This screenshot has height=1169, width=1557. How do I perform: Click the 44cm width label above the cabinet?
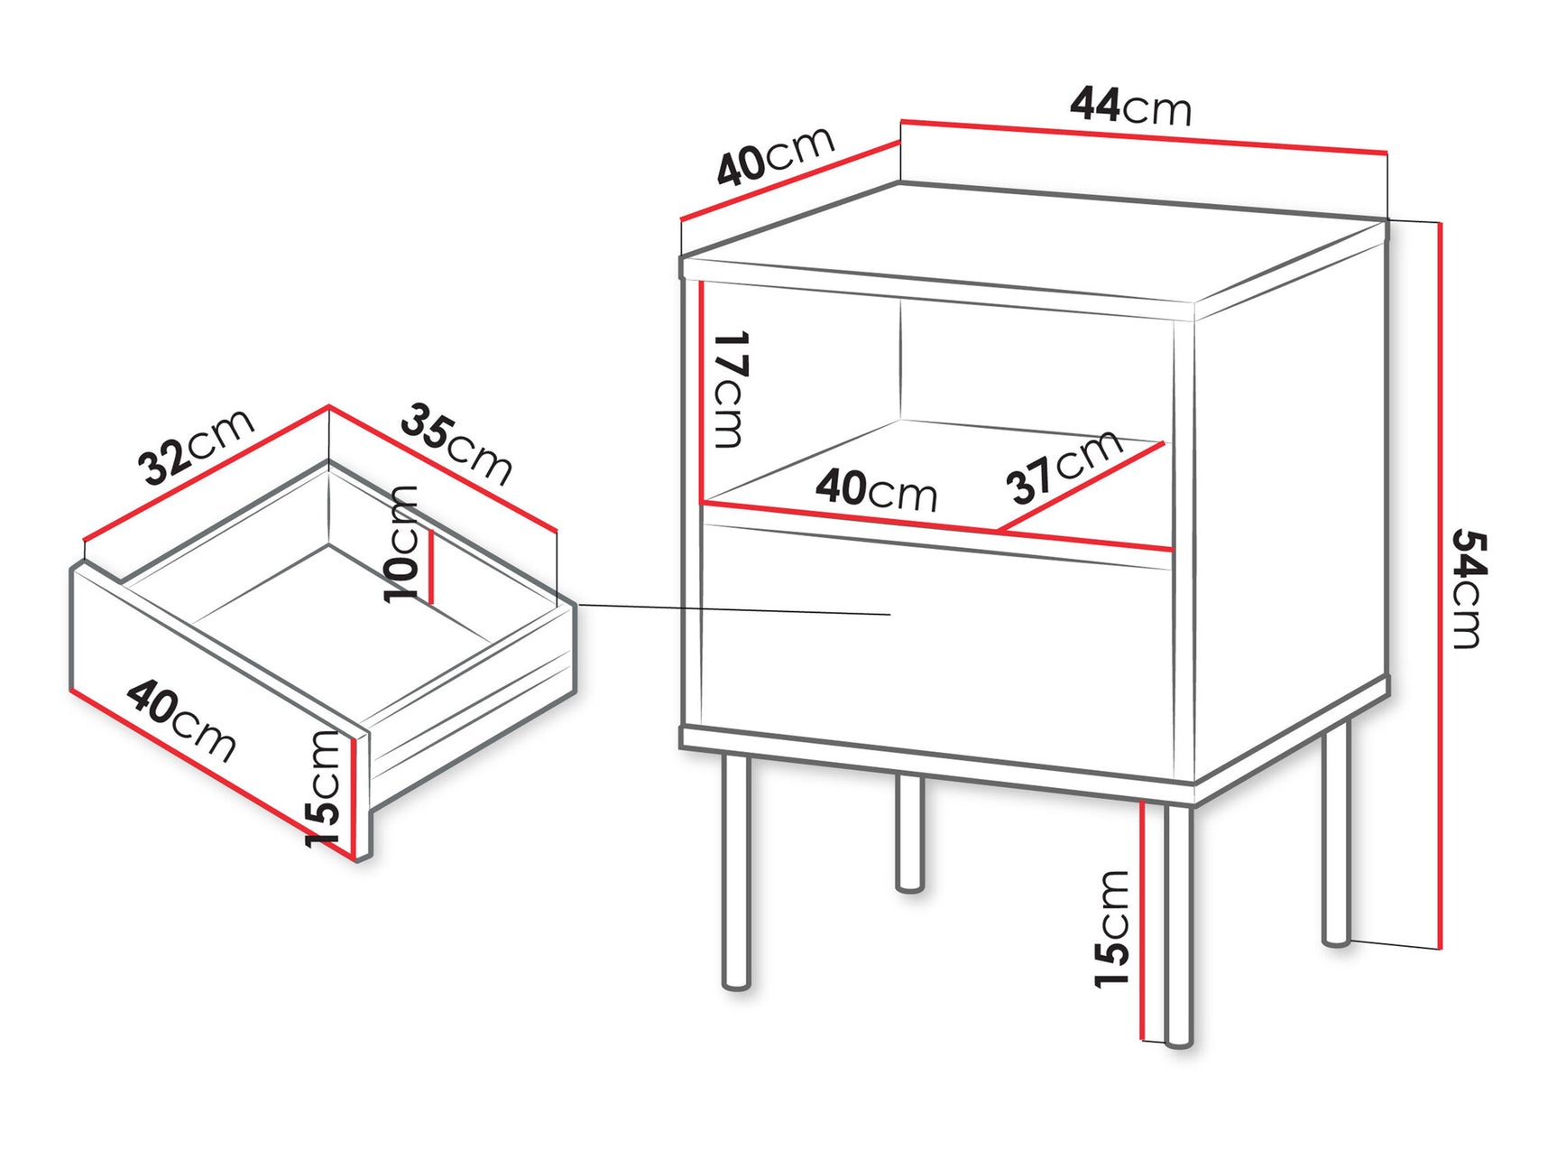(x=1130, y=106)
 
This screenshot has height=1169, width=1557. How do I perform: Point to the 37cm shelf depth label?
(x=1064, y=468)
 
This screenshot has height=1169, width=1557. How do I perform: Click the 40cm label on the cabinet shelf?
(x=876, y=489)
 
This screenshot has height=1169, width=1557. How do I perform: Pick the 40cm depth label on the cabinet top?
(x=776, y=154)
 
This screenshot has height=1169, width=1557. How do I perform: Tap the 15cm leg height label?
(x=1112, y=929)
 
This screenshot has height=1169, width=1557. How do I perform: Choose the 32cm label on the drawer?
(x=196, y=447)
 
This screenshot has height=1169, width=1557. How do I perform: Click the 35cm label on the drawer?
(x=456, y=444)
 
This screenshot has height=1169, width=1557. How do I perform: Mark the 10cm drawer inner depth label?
(x=401, y=543)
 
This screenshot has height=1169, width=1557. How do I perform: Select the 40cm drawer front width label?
(x=181, y=720)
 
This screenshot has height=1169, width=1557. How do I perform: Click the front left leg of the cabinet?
(x=736, y=872)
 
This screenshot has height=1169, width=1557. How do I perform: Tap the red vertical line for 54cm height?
(x=1439, y=587)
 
